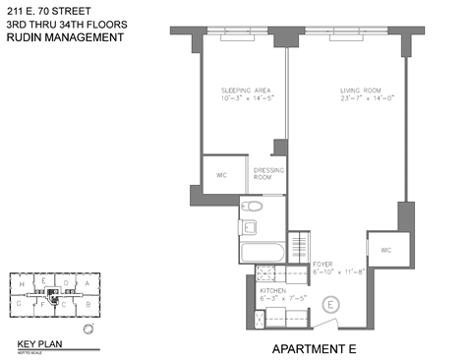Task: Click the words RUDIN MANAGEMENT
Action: [x=65, y=38]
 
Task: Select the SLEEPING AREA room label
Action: [x=241, y=90]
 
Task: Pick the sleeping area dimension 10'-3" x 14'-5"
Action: [x=241, y=99]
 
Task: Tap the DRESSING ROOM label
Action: [x=268, y=173]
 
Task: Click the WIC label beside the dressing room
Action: [x=219, y=175]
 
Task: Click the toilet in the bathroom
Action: [x=254, y=208]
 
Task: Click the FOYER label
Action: [x=324, y=266]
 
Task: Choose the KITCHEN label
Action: [x=272, y=292]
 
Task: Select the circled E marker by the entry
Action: [x=331, y=305]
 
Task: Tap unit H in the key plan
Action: [x=21, y=283]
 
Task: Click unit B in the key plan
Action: [x=88, y=306]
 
